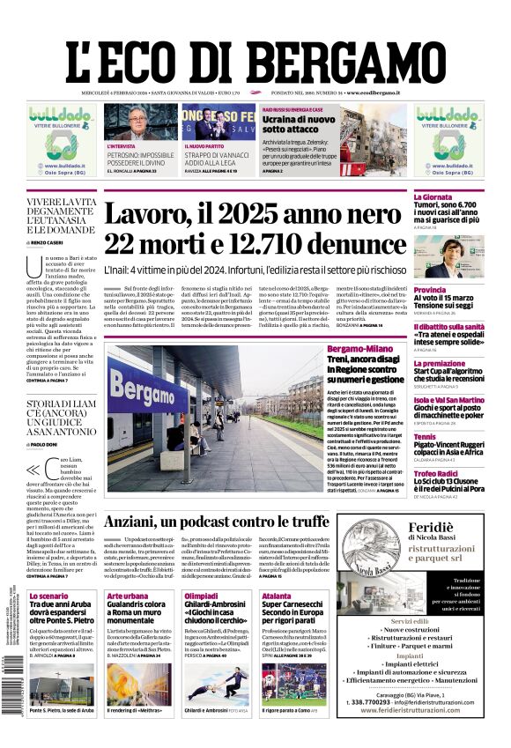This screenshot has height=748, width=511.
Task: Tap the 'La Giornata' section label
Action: [433, 197]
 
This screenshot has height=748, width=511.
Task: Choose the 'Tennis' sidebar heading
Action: [425, 436]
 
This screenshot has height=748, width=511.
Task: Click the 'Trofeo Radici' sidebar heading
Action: [436, 474]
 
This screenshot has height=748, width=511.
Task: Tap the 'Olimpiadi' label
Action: [200, 596]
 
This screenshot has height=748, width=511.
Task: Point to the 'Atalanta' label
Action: [276, 596]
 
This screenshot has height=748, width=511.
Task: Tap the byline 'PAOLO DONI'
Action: [51, 444]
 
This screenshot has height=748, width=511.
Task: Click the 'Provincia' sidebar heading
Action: [430, 289]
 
